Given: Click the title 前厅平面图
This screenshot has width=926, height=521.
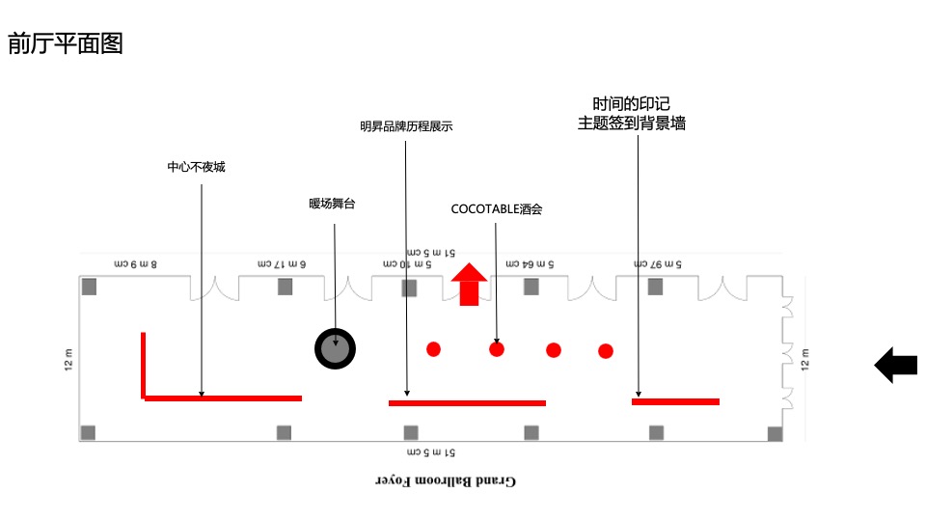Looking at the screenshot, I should (66, 43).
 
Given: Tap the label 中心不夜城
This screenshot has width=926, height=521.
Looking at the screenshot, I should (196, 167).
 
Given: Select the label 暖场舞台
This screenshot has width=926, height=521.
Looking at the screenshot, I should (332, 204).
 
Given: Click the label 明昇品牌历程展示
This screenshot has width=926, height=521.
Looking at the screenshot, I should (406, 126).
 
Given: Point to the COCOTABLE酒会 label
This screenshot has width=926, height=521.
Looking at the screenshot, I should (497, 208).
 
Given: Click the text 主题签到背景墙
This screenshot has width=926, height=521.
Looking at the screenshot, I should (631, 123).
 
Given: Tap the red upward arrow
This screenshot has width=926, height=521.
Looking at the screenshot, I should (470, 284).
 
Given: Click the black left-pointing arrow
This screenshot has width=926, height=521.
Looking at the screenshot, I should (895, 366).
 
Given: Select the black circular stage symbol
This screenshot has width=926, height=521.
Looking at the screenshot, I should (336, 347).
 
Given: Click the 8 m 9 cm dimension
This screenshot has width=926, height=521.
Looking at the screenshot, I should (136, 263).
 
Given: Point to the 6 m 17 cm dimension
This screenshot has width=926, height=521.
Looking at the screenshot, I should (282, 263).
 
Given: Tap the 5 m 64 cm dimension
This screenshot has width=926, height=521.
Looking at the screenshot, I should (527, 263).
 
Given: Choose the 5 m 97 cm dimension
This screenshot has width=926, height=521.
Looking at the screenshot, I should (658, 263).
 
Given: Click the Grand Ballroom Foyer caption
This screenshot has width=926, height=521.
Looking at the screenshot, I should (445, 480).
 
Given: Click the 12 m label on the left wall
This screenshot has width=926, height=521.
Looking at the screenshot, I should (68, 361).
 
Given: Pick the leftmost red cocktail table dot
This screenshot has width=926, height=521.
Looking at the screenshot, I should (433, 349).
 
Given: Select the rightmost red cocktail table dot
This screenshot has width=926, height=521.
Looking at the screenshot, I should (606, 351).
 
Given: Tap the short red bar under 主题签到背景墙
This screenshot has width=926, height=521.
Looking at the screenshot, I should (675, 401).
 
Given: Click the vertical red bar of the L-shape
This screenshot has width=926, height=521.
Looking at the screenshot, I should (143, 363).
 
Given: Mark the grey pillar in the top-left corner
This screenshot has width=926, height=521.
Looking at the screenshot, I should (90, 287).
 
